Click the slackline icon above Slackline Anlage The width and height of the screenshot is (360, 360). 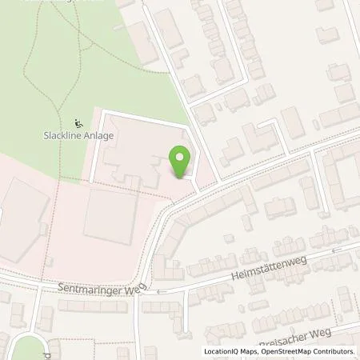pos(78,123)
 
